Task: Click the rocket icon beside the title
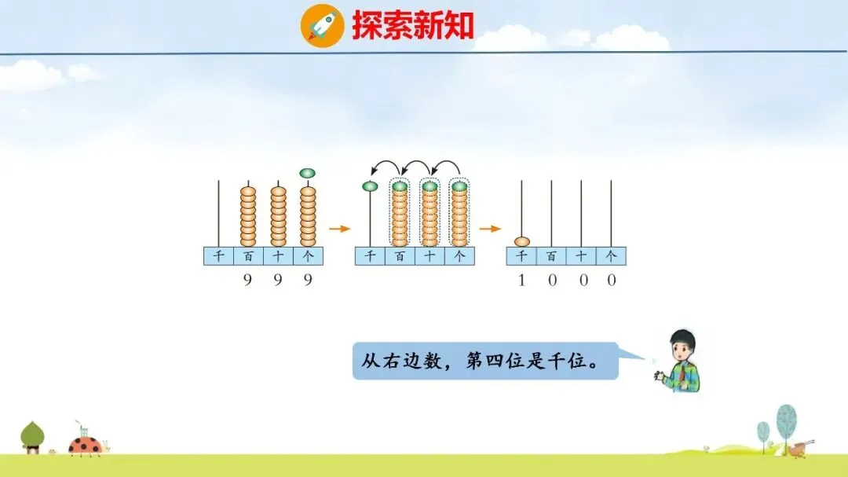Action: coord(322,26)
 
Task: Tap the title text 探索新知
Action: coord(413,26)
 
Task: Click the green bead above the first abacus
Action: coord(308,173)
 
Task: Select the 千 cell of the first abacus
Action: coord(218,256)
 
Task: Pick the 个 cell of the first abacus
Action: coord(308,256)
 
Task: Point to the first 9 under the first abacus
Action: coord(248,280)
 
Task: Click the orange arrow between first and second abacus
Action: coord(338,229)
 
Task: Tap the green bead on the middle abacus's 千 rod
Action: coord(370,186)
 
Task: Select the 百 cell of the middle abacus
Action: coord(400,256)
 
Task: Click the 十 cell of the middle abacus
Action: coord(429,256)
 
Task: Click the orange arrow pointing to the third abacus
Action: coord(490,229)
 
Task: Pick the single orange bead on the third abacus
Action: coord(521,241)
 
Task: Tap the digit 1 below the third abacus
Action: coord(521,280)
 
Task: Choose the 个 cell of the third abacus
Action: coord(611,256)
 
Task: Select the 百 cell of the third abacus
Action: coord(551,256)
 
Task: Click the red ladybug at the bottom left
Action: coord(84,446)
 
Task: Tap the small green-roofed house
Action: coord(32,437)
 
